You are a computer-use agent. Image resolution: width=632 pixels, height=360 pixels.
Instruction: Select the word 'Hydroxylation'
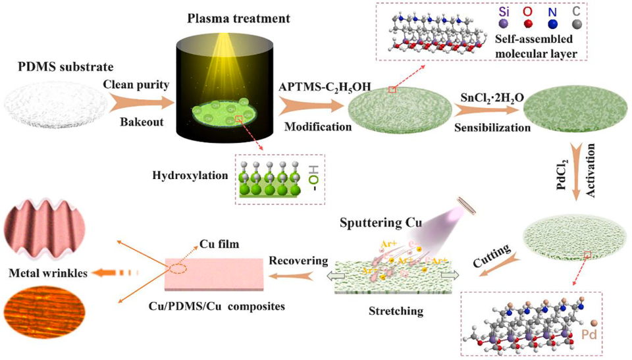pyautogui.click(x=188, y=176)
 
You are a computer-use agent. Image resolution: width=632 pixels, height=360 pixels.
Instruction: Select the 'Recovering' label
pyautogui.click(x=298, y=261)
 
